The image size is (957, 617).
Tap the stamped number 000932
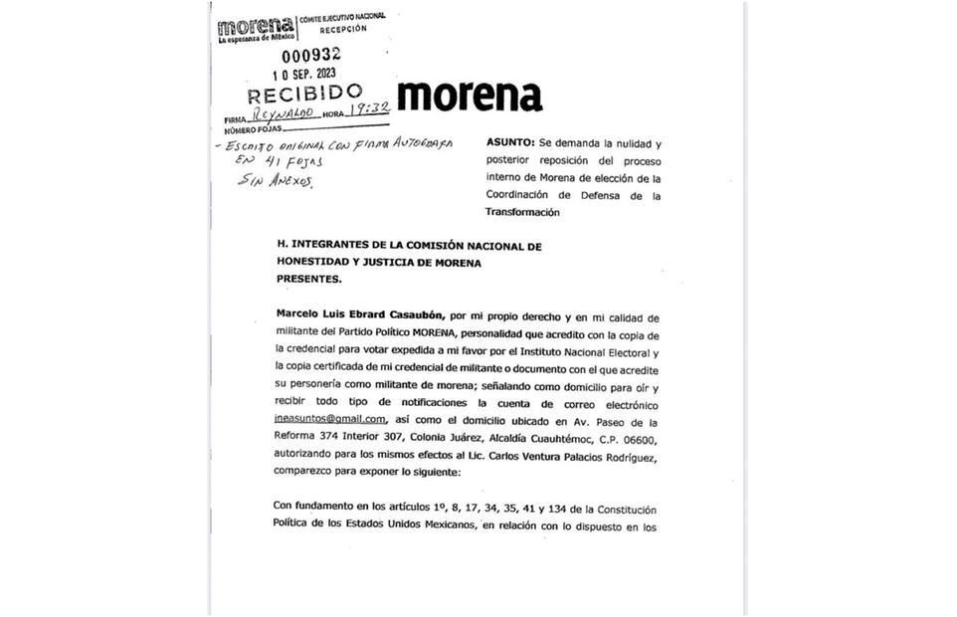tap(310, 56)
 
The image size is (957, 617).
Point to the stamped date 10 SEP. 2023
tap(310, 74)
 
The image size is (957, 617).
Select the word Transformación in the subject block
tap(522, 212)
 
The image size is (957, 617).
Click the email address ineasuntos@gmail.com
tap(329, 421)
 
